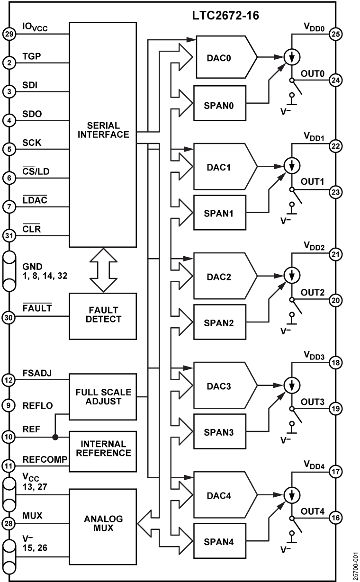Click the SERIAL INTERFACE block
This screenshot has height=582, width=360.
point(103,134)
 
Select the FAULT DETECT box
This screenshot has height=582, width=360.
point(103,316)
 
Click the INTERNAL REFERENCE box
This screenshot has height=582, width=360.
point(103,451)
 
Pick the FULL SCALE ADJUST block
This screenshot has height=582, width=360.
point(103,397)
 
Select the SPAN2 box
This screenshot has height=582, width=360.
point(220,322)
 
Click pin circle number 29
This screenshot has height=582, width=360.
point(9,34)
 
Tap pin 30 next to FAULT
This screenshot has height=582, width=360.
point(9,317)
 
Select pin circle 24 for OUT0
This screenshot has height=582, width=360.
point(335,81)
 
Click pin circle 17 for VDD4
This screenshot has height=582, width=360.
point(335,471)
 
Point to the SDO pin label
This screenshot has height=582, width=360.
point(32,114)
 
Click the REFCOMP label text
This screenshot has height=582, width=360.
point(45,459)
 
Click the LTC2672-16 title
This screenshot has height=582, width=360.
point(225,16)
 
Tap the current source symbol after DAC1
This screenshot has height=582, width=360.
point(292,165)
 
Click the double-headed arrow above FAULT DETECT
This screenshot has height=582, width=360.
point(103,270)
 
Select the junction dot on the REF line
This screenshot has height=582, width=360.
point(55,437)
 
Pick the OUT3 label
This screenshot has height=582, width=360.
point(313,402)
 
